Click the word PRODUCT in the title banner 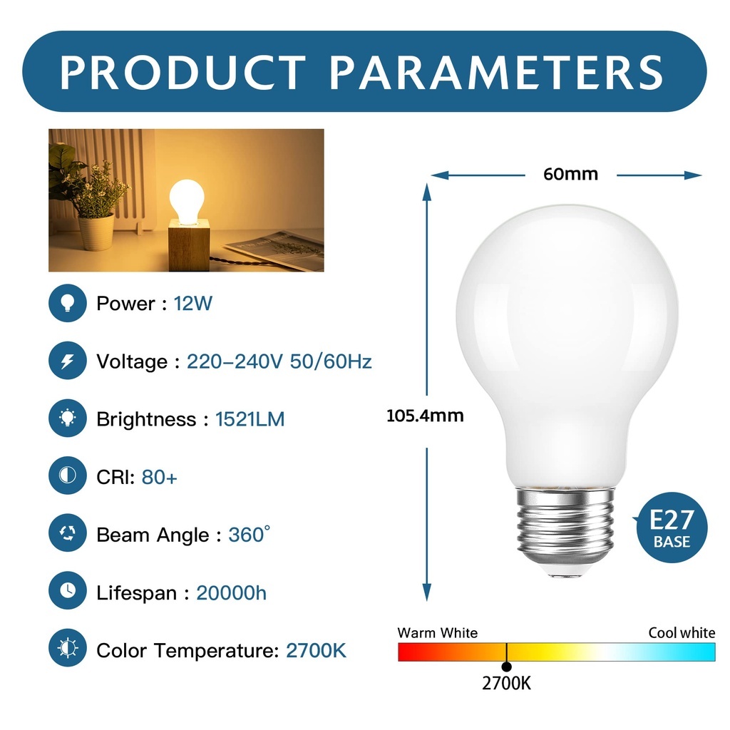point(182,72)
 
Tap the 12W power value point(192,304)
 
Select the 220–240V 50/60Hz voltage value point(279,361)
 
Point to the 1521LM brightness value point(250,419)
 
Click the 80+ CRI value point(159,477)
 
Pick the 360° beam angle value point(249,535)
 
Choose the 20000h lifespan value point(232,593)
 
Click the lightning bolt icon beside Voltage point(68,361)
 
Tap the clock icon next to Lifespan point(68,590)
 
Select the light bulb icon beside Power point(68,303)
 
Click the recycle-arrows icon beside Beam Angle point(68,533)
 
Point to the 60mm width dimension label point(570,174)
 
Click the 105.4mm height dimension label point(425,416)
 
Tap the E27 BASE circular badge point(672,528)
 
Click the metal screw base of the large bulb point(565,530)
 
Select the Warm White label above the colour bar point(438,633)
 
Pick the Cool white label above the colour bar point(682,633)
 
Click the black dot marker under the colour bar point(507,667)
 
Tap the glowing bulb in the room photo point(187,202)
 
